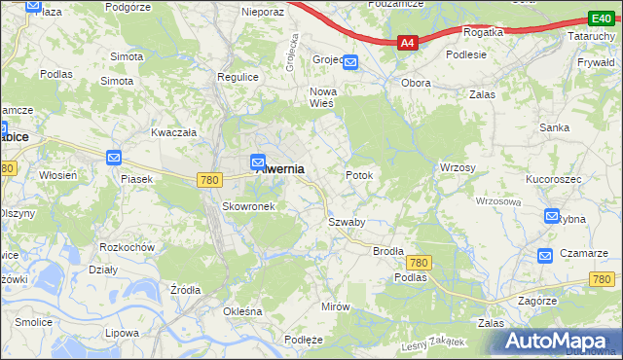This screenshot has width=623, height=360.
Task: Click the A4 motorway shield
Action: (x=408, y=43)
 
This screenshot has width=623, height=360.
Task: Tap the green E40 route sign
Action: (x=601, y=18)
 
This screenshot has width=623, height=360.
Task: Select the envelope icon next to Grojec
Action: (x=350, y=63)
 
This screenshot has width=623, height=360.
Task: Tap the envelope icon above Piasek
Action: (x=114, y=158)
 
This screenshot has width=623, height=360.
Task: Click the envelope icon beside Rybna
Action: (x=553, y=217)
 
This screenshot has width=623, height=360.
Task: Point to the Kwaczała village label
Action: (x=173, y=132)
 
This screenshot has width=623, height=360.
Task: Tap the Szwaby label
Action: (x=347, y=222)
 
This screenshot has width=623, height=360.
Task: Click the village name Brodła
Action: (x=388, y=251)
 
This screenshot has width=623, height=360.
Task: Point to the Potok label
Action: (x=359, y=175)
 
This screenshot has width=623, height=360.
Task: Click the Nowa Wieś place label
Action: (x=322, y=97)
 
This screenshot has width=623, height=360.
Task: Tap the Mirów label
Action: (x=335, y=306)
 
